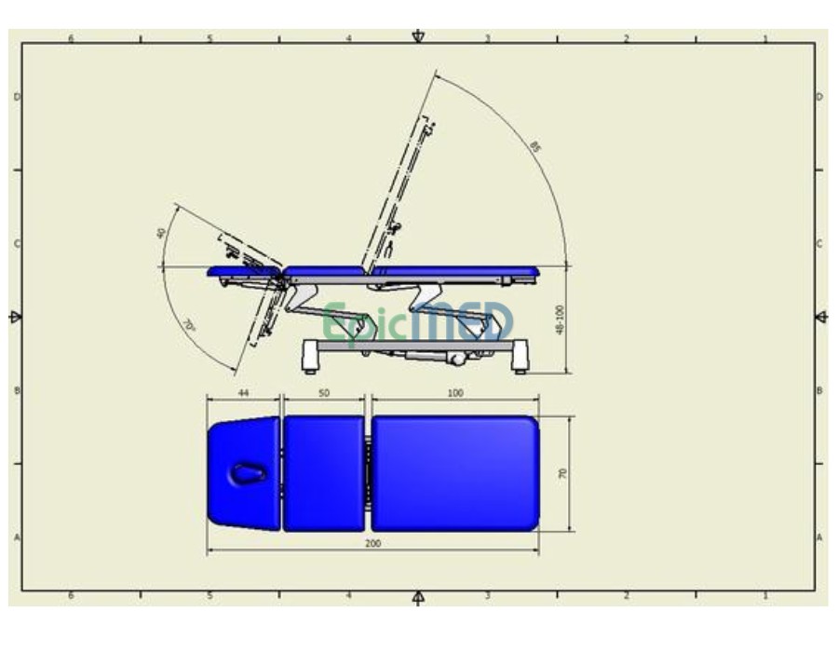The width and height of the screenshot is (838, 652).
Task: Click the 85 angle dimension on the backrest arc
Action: coord(534,146)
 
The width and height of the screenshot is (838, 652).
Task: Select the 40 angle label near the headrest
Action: coord(162,233)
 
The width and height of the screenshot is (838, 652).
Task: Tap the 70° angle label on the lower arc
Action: coord(188,327)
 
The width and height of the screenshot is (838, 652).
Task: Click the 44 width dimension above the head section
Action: coord(243,394)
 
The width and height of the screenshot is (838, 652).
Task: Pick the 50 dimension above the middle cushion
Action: coord(324,394)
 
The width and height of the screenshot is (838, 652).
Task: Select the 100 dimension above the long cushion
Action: coord(454,394)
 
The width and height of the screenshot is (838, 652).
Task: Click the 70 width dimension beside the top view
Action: coord(562,474)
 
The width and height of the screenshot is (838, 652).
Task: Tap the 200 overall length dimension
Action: coord(372,543)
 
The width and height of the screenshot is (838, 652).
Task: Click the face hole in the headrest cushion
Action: coord(248,474)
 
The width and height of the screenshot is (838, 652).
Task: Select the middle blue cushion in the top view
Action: coord(323,474)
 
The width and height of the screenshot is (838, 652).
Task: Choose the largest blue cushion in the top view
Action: coord(454,474)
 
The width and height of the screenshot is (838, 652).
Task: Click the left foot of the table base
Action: coord(310,358)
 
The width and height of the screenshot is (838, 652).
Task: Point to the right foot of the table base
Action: coord(520,358)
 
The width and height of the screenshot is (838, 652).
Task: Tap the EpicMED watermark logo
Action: coord(419,322)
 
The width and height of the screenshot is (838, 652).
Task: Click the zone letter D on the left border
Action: coord(16,97)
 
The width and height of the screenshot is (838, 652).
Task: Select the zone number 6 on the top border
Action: coord(71,39)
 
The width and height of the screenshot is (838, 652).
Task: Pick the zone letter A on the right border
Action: coord(819,537)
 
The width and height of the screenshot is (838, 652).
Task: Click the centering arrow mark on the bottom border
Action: coord(418,597)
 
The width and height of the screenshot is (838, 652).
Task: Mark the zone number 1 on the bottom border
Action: coord(765,595)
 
